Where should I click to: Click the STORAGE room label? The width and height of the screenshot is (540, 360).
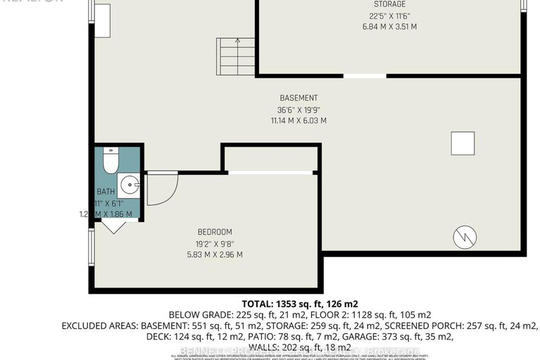[389, 4]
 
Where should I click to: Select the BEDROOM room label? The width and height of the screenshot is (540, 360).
[215, 232]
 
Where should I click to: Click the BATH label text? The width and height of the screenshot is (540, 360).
[105, 192]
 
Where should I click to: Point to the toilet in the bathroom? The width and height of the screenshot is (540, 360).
[110, 161]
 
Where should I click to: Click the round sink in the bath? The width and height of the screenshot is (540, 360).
[130, 185]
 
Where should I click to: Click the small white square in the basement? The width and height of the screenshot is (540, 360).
[463, 144]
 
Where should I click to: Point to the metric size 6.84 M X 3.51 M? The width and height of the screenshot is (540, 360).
[384, 26]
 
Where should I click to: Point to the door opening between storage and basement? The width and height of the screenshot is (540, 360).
[365, 75]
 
